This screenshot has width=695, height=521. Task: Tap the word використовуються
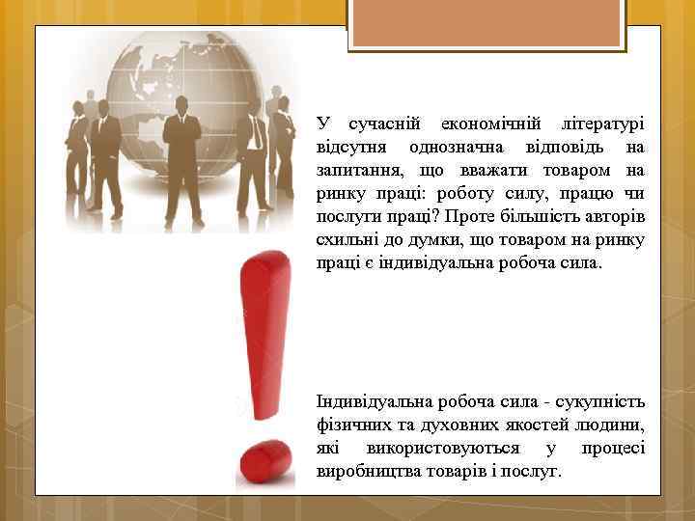click(443, 449)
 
